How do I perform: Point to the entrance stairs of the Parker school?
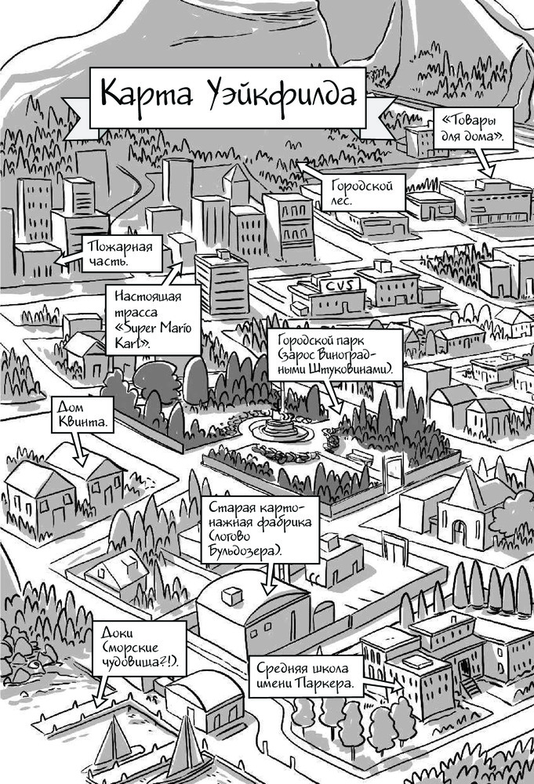pyautogui.click(x=470, y=684)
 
